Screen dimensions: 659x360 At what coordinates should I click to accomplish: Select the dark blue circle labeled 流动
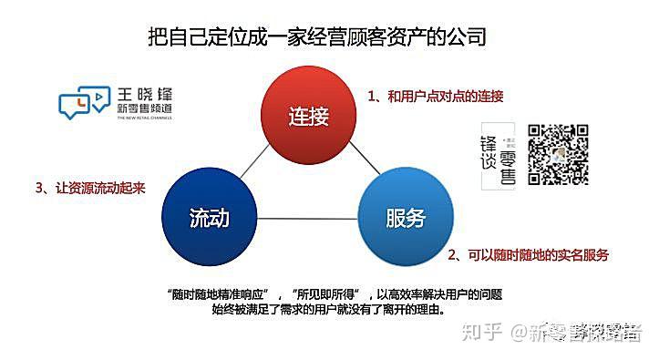tap(209, 217)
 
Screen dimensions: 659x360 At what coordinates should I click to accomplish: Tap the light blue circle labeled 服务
tap(406, 217)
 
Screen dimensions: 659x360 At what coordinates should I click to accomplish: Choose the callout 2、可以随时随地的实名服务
tap(530, 254)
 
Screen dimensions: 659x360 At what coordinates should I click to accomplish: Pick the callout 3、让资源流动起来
tap(90, 188)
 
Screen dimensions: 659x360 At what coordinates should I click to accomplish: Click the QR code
tap(559, 153)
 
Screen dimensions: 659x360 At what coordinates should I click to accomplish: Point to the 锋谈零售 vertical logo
tap(498, 156)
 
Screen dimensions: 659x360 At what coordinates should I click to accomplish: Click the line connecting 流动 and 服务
tap(307, 219)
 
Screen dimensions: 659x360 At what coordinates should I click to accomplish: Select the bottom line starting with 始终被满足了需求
tap(329, 310)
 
